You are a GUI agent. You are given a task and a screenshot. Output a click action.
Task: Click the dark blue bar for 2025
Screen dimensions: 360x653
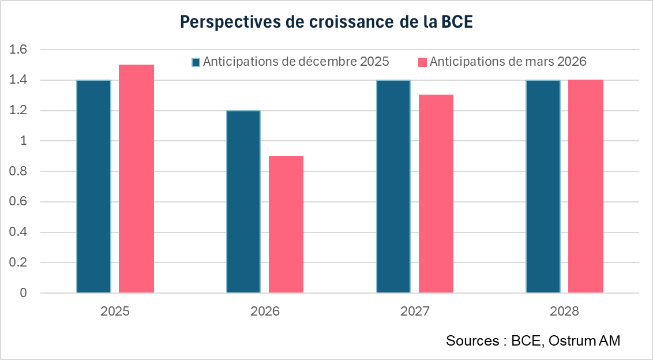(x=93, y=186)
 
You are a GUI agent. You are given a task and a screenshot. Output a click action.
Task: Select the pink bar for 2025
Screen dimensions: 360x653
(x=136, y=179)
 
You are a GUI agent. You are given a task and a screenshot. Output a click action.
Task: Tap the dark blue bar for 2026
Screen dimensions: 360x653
(x=243, y=201)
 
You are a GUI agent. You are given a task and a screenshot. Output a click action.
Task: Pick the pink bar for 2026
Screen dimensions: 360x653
(x=286, y=224)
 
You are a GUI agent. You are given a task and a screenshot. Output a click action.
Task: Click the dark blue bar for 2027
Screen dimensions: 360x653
(x=393, y=186)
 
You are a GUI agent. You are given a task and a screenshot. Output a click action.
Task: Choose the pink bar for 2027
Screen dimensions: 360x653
(x=436, y=194)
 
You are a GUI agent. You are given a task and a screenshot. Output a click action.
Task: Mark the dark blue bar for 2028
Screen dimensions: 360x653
(x=543, y=186)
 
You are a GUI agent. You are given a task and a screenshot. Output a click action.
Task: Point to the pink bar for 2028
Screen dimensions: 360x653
(x=586, y=186)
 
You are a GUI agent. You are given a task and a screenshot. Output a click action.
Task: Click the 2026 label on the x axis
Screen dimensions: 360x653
(x=265, y=312)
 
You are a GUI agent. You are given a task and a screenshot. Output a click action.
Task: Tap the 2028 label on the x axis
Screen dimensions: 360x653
(x=564, y=312)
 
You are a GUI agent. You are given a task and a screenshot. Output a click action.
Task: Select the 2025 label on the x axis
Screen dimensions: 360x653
(x=115, y=312)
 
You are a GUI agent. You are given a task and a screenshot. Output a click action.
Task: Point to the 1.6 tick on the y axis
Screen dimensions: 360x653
(x=19, y=50)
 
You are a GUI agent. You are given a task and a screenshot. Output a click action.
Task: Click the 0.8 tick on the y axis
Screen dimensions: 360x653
(x=19, y=171)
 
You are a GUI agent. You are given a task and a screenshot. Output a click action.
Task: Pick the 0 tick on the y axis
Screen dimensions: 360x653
(x=24, y=293)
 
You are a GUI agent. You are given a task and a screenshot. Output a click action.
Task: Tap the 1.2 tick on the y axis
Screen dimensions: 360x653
(x=19, y=111)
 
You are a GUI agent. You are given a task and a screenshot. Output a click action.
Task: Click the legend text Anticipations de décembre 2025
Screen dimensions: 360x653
(x=296, y=62)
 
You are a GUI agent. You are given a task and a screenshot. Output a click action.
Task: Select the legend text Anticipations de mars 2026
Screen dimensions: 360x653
(x=508, y=62)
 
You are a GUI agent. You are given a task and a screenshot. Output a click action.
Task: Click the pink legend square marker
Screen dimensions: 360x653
(x=422, y=62)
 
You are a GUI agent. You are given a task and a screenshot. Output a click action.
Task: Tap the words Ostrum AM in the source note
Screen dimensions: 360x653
(x=584, y=340)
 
